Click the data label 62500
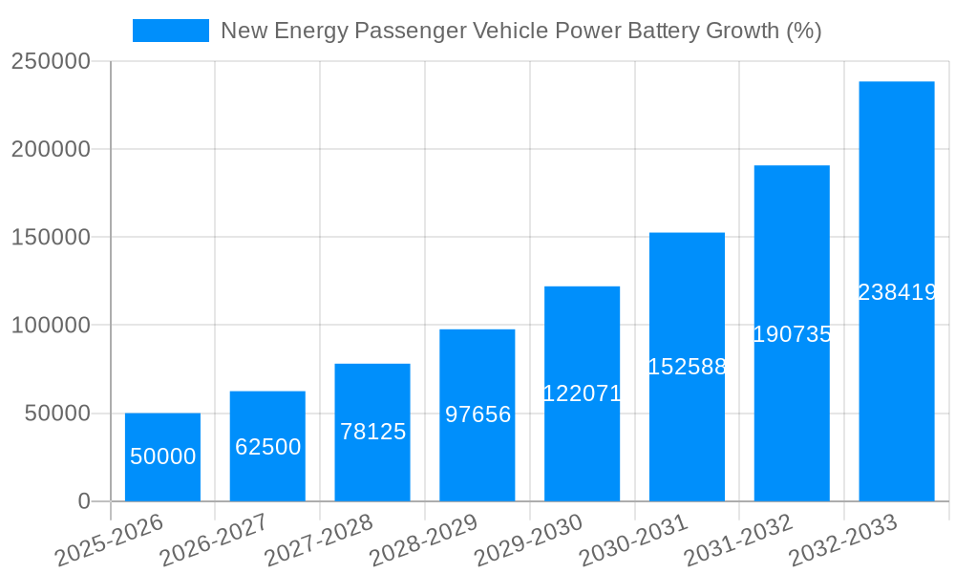[x=268, y=447]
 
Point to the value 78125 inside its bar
[x=372, y=432]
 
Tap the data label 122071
[x=582, y=393]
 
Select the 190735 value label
[x=792, y=334]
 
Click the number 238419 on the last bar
[x=897, y=293]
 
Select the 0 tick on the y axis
[x=84, y=501]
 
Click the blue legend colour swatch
[x=170, y=31]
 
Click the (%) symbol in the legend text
[x=803, y=31]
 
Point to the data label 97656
[x=477, y=414]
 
